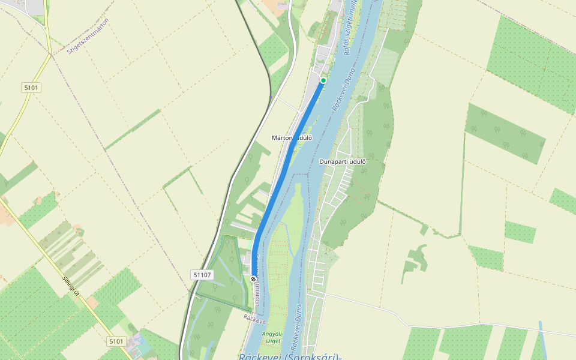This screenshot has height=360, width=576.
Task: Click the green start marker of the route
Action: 323,80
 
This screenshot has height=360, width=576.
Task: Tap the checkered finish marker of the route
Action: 254,279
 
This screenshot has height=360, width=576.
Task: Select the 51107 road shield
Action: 202,275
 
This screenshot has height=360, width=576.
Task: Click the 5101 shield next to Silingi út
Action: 116,341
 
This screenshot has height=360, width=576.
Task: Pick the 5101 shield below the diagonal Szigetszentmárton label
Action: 31,88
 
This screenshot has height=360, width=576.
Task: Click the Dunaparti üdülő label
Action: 343,161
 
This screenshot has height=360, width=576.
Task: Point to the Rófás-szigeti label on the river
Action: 351,27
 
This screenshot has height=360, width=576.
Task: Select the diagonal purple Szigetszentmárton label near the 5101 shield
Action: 88,37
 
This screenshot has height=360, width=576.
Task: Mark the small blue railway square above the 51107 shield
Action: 213,243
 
